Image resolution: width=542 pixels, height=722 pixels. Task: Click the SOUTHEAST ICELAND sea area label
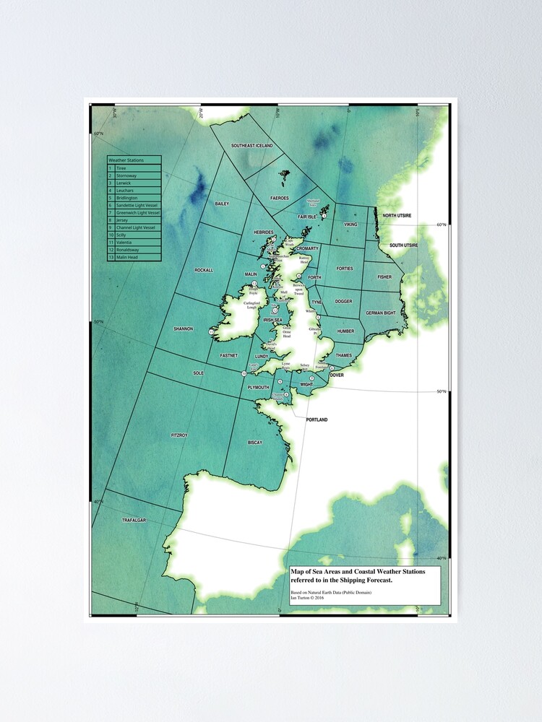click(252, 146)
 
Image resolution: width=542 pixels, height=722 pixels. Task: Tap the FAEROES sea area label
click(280, 198)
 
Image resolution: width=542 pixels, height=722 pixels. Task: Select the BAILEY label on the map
click(222, 204)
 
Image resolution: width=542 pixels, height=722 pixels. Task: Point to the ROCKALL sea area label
click(204, 270)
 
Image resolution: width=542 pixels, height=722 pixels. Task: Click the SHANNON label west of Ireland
click(184, 329)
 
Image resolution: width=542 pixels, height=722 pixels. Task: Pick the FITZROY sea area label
click(179, 435)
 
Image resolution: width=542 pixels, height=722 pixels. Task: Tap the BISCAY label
click(255, 442)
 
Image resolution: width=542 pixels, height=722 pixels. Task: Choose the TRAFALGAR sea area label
click(134, 520)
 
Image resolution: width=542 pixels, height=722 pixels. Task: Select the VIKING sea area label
click(350, 225)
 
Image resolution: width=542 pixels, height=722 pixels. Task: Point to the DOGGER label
click(344, 301)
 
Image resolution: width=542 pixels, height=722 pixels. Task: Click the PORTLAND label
click(317, 419)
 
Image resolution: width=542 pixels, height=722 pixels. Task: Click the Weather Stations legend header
click(126, 160)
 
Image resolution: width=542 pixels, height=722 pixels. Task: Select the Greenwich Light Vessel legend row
click(138, 212)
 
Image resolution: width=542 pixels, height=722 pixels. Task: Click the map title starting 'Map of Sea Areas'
click(358, 575)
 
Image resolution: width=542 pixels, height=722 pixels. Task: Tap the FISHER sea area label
click(384, 277)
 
